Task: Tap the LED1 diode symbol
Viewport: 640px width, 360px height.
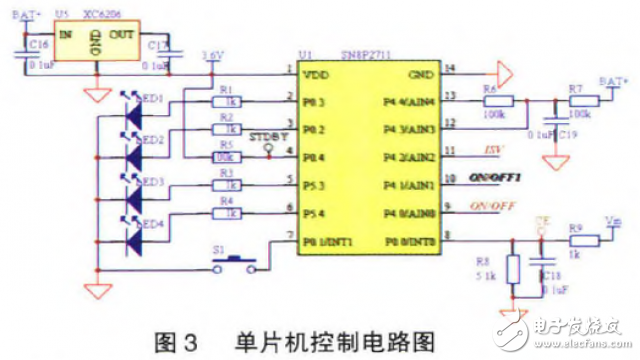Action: tap(131, 106)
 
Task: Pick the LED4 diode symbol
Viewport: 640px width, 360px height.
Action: tap(131, 228)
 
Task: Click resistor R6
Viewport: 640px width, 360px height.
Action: tap(498, 101)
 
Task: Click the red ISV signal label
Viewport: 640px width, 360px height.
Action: tap(491, 152)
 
